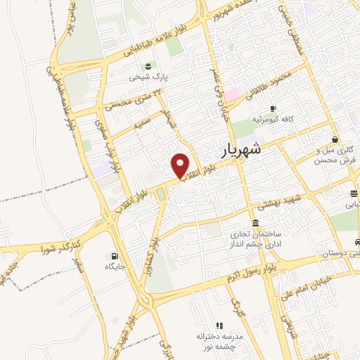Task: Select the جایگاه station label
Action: pyautogui.click(x=115, y=267)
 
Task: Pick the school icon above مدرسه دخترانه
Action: pyautogui.click(x=219, y=326)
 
